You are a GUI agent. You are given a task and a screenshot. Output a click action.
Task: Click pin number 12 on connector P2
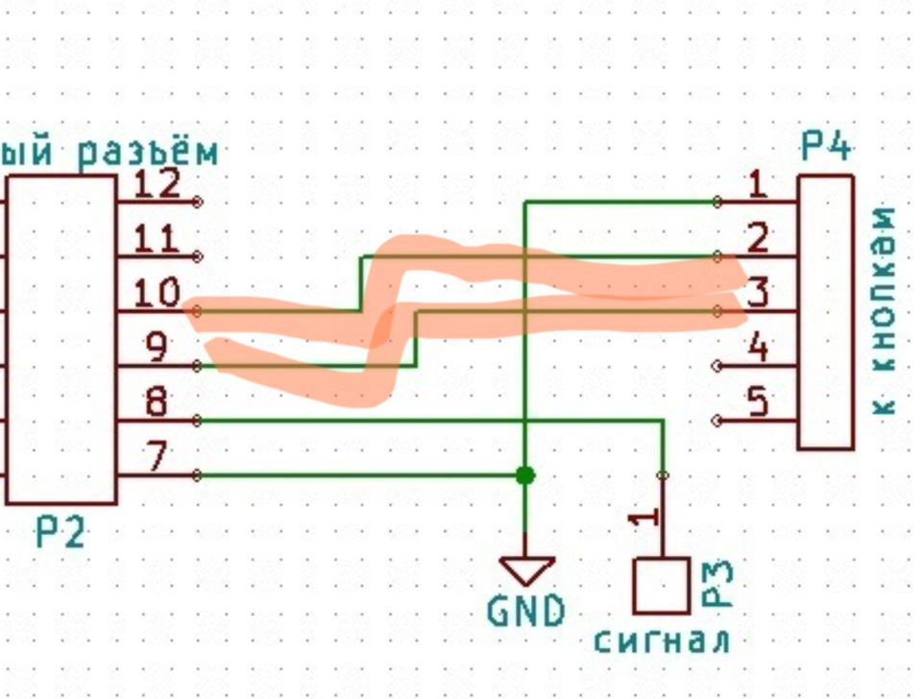[x=158, y=182]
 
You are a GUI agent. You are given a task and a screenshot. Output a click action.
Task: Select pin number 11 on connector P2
[x=158, y=237]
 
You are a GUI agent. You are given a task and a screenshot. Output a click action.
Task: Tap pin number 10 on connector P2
[x=158, y=292]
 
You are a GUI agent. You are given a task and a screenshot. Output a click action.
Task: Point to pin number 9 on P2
[x=158, y=347]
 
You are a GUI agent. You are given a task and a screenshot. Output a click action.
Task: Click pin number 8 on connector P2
[x=158, y=402]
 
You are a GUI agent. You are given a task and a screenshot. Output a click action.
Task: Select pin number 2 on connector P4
[x=758, y=237]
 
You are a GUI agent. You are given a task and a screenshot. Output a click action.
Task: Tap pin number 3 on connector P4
[x=758, y=292]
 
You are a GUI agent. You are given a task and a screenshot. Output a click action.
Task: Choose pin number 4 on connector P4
[x=758, y=347]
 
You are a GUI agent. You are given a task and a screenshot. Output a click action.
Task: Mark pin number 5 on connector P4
[x=758, y=402]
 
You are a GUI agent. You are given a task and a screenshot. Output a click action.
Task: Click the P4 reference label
[x=826, y=149]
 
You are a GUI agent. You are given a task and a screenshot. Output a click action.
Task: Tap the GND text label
[x=526, y=612]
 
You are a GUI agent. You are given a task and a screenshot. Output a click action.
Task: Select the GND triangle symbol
[x=526, y=570]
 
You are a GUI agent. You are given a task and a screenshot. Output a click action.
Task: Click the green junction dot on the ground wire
[x=524, y=475]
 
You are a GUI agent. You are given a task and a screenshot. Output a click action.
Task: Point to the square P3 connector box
[x=662, y=586]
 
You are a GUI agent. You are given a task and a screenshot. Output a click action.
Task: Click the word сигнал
[x=662, y=640]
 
